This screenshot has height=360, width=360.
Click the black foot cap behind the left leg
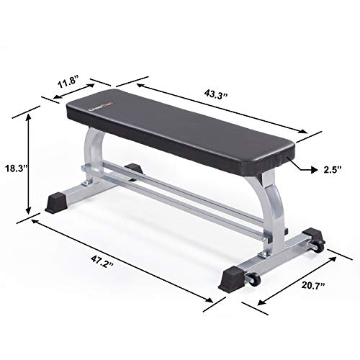click(133, 170)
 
